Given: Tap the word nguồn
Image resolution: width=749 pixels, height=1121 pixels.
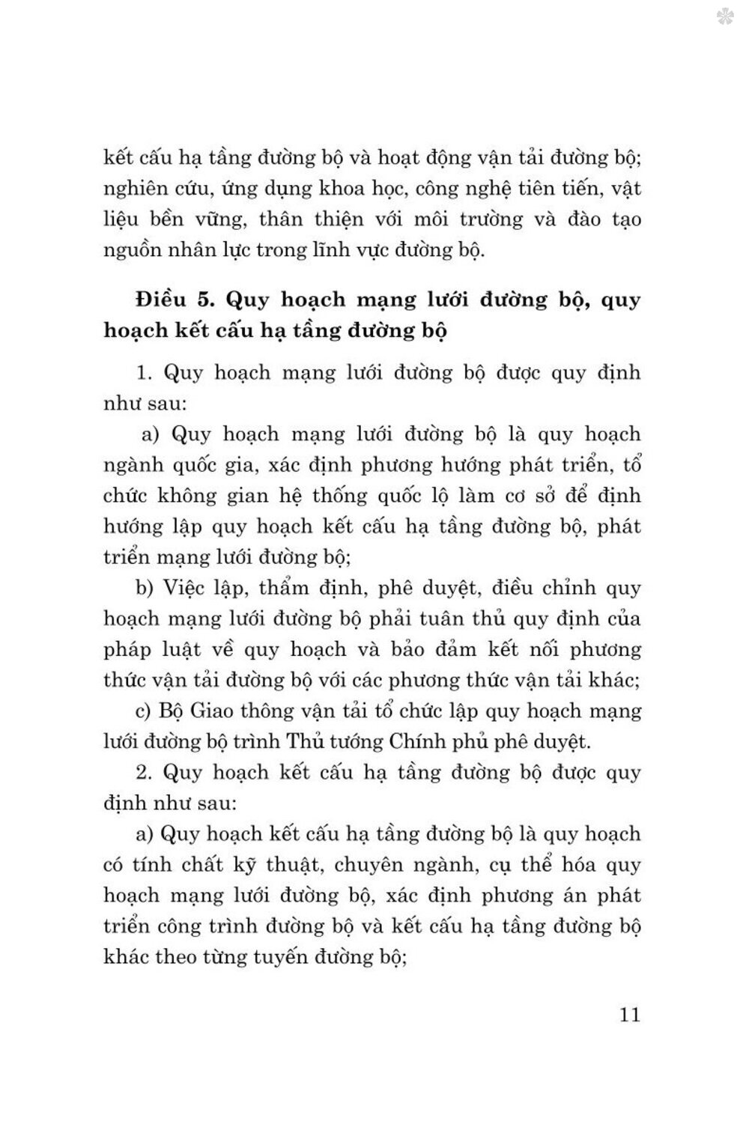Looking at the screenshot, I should click(133, 251).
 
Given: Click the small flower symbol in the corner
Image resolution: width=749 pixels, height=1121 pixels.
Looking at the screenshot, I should click(724, 16).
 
